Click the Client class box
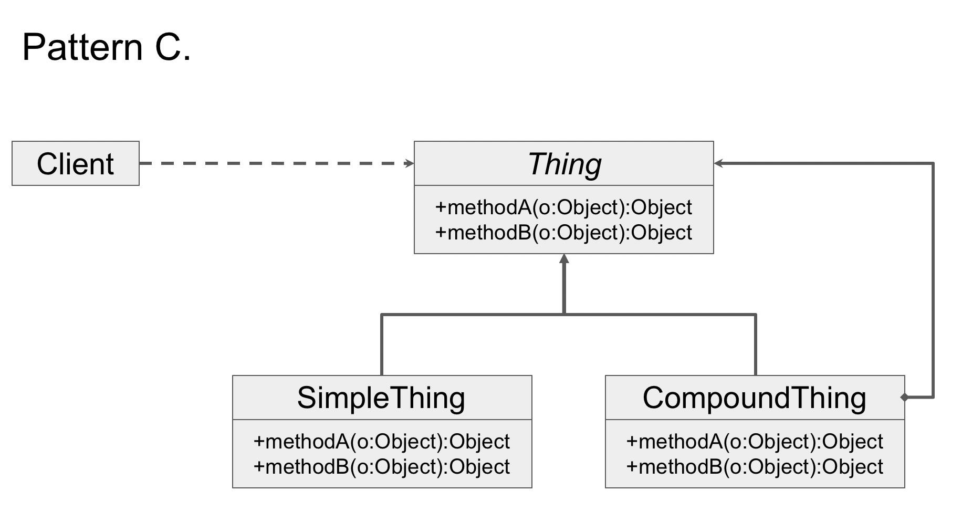pos(75,163)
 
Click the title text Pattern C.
pos(107,47)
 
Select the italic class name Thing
pos(564,164)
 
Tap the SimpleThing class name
pos(381,398)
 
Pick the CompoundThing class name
pos(754,398)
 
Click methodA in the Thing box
pos(563,207)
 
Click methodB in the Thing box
pos(563,233)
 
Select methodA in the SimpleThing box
pos(381,442)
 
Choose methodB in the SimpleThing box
pos(381,467)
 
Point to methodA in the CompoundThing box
pos(755,442)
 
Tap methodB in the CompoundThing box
pos(755,467)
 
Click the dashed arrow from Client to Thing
pos(273,163)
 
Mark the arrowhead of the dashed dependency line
pos(410,163)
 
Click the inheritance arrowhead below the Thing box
pos(564,259)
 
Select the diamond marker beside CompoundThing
pos(904,398)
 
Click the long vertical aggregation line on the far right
pos(933,278)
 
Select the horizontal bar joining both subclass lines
pos(473,315)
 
